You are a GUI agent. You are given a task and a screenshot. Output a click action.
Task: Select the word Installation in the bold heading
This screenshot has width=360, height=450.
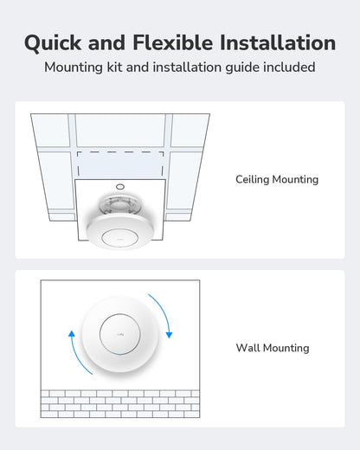279,42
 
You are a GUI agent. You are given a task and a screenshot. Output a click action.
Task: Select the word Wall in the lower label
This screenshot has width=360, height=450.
248,348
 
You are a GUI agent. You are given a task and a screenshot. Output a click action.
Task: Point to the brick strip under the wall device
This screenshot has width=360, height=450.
119,403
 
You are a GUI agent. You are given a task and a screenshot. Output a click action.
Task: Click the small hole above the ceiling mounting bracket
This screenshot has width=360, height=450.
119,185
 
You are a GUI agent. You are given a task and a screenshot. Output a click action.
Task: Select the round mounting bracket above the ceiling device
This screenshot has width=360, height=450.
119,204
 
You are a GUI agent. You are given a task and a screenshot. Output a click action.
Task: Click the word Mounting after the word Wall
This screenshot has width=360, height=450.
287,348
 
